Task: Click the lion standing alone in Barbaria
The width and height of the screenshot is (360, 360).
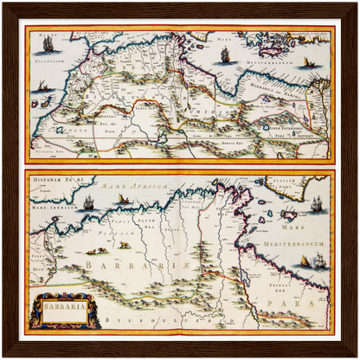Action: coord(125,245)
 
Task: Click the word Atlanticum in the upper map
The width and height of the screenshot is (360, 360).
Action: coord(47,62)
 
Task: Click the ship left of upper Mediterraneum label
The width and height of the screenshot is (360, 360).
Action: coord(225,55)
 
